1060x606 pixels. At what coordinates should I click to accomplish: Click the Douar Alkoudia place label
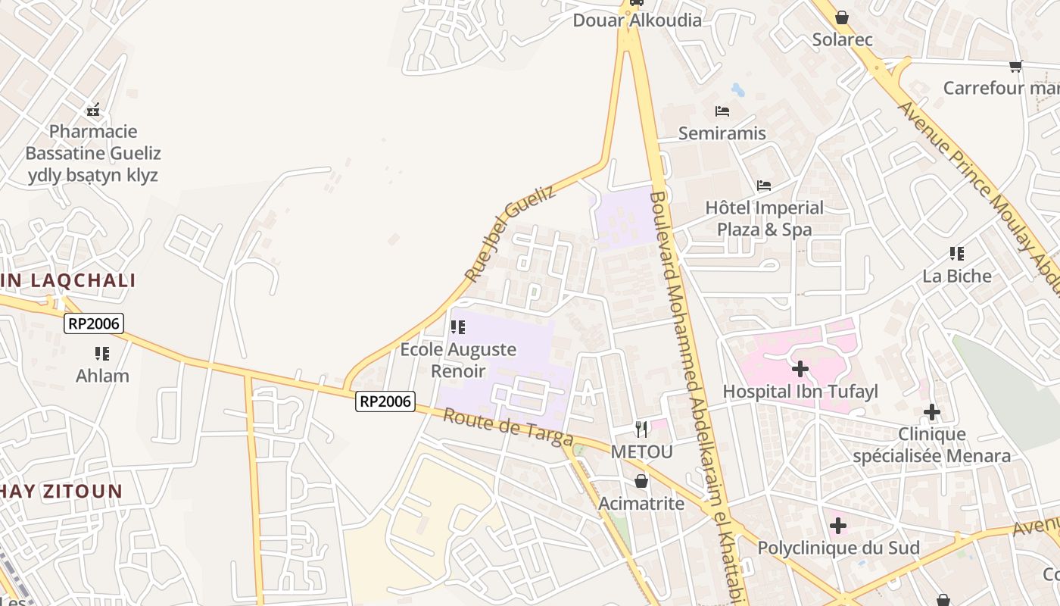pos(637,20)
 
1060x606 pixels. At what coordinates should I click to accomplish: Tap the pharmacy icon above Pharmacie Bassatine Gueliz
pos(93,110)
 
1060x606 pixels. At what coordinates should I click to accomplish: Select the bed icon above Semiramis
pos(722,111)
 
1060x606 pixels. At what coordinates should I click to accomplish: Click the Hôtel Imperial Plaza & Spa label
pos(764,218)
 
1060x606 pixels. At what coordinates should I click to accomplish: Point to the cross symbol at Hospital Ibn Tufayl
pos(800,369)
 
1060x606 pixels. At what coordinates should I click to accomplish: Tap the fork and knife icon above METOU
pos(641,430)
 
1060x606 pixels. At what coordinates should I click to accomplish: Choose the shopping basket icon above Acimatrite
pos(641,481)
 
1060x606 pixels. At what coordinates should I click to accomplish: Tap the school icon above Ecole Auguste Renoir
pos(457,327)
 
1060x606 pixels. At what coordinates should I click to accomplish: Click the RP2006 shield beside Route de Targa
pos(385,401)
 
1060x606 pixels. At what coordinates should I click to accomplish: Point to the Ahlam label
pos(102,376)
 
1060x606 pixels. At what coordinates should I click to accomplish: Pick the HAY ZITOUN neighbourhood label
pos(61,491)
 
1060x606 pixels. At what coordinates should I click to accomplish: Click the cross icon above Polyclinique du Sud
pos(837,525)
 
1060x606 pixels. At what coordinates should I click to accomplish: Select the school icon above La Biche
pos(957,254)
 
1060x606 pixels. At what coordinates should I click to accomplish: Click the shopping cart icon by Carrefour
pos(1016,66)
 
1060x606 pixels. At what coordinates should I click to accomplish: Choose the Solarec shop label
pos(842,39)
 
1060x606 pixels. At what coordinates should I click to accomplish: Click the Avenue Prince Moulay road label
pos(977,189)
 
